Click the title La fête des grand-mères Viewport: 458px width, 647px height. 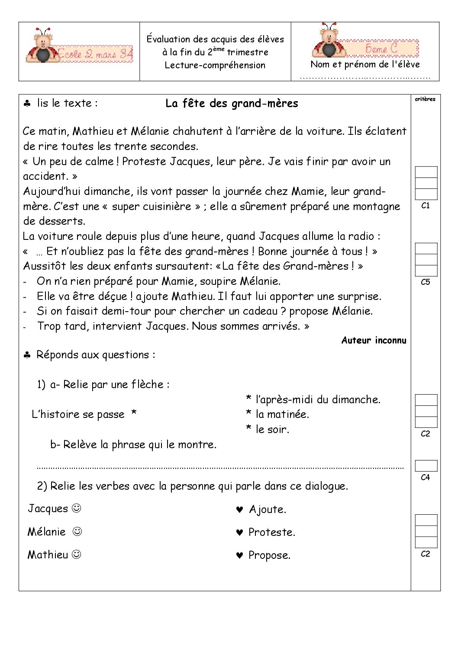click(x=232, y=104)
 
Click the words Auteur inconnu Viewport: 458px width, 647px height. click(x=374, y=341)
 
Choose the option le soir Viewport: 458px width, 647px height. click(x=272, y=430)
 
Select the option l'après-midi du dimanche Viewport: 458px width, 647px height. click(x=318, y=399)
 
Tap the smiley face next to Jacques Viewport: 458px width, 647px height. click(x=76, y=508)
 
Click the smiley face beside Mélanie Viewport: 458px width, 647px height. click(x=77, y=531)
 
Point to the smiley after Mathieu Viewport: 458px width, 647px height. click(x=76, y=554)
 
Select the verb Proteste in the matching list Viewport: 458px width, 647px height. click(x=271, y=532)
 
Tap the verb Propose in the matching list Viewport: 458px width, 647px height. click(x=269, y=555)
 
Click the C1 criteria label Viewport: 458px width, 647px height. click(x=425, y=206)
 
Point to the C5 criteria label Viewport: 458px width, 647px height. click(x=425, y=282)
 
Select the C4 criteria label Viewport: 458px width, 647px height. click(x=425, y=477)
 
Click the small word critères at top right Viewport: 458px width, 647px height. click(x=425, y=99)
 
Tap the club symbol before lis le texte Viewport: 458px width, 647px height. click(x=27, y=104)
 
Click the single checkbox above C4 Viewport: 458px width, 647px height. click(x=426, y=466)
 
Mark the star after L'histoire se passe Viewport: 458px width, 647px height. click(x=134, y=414)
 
